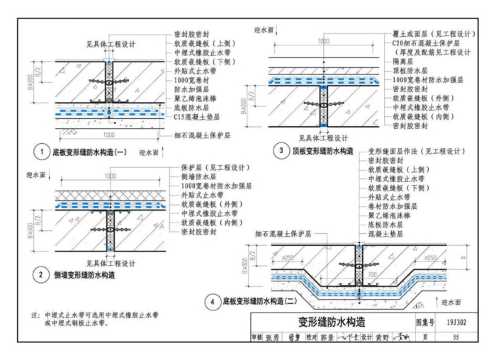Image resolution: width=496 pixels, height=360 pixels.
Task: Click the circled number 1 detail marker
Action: point(45,152)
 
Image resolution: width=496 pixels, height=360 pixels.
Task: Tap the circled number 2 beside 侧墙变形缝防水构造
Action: point(45,274)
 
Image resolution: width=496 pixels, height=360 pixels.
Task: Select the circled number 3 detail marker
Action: point(281,152)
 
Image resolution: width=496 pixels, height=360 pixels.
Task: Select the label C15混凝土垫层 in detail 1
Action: point(200,116)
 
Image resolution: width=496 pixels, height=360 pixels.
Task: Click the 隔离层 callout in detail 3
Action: point(402,62)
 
